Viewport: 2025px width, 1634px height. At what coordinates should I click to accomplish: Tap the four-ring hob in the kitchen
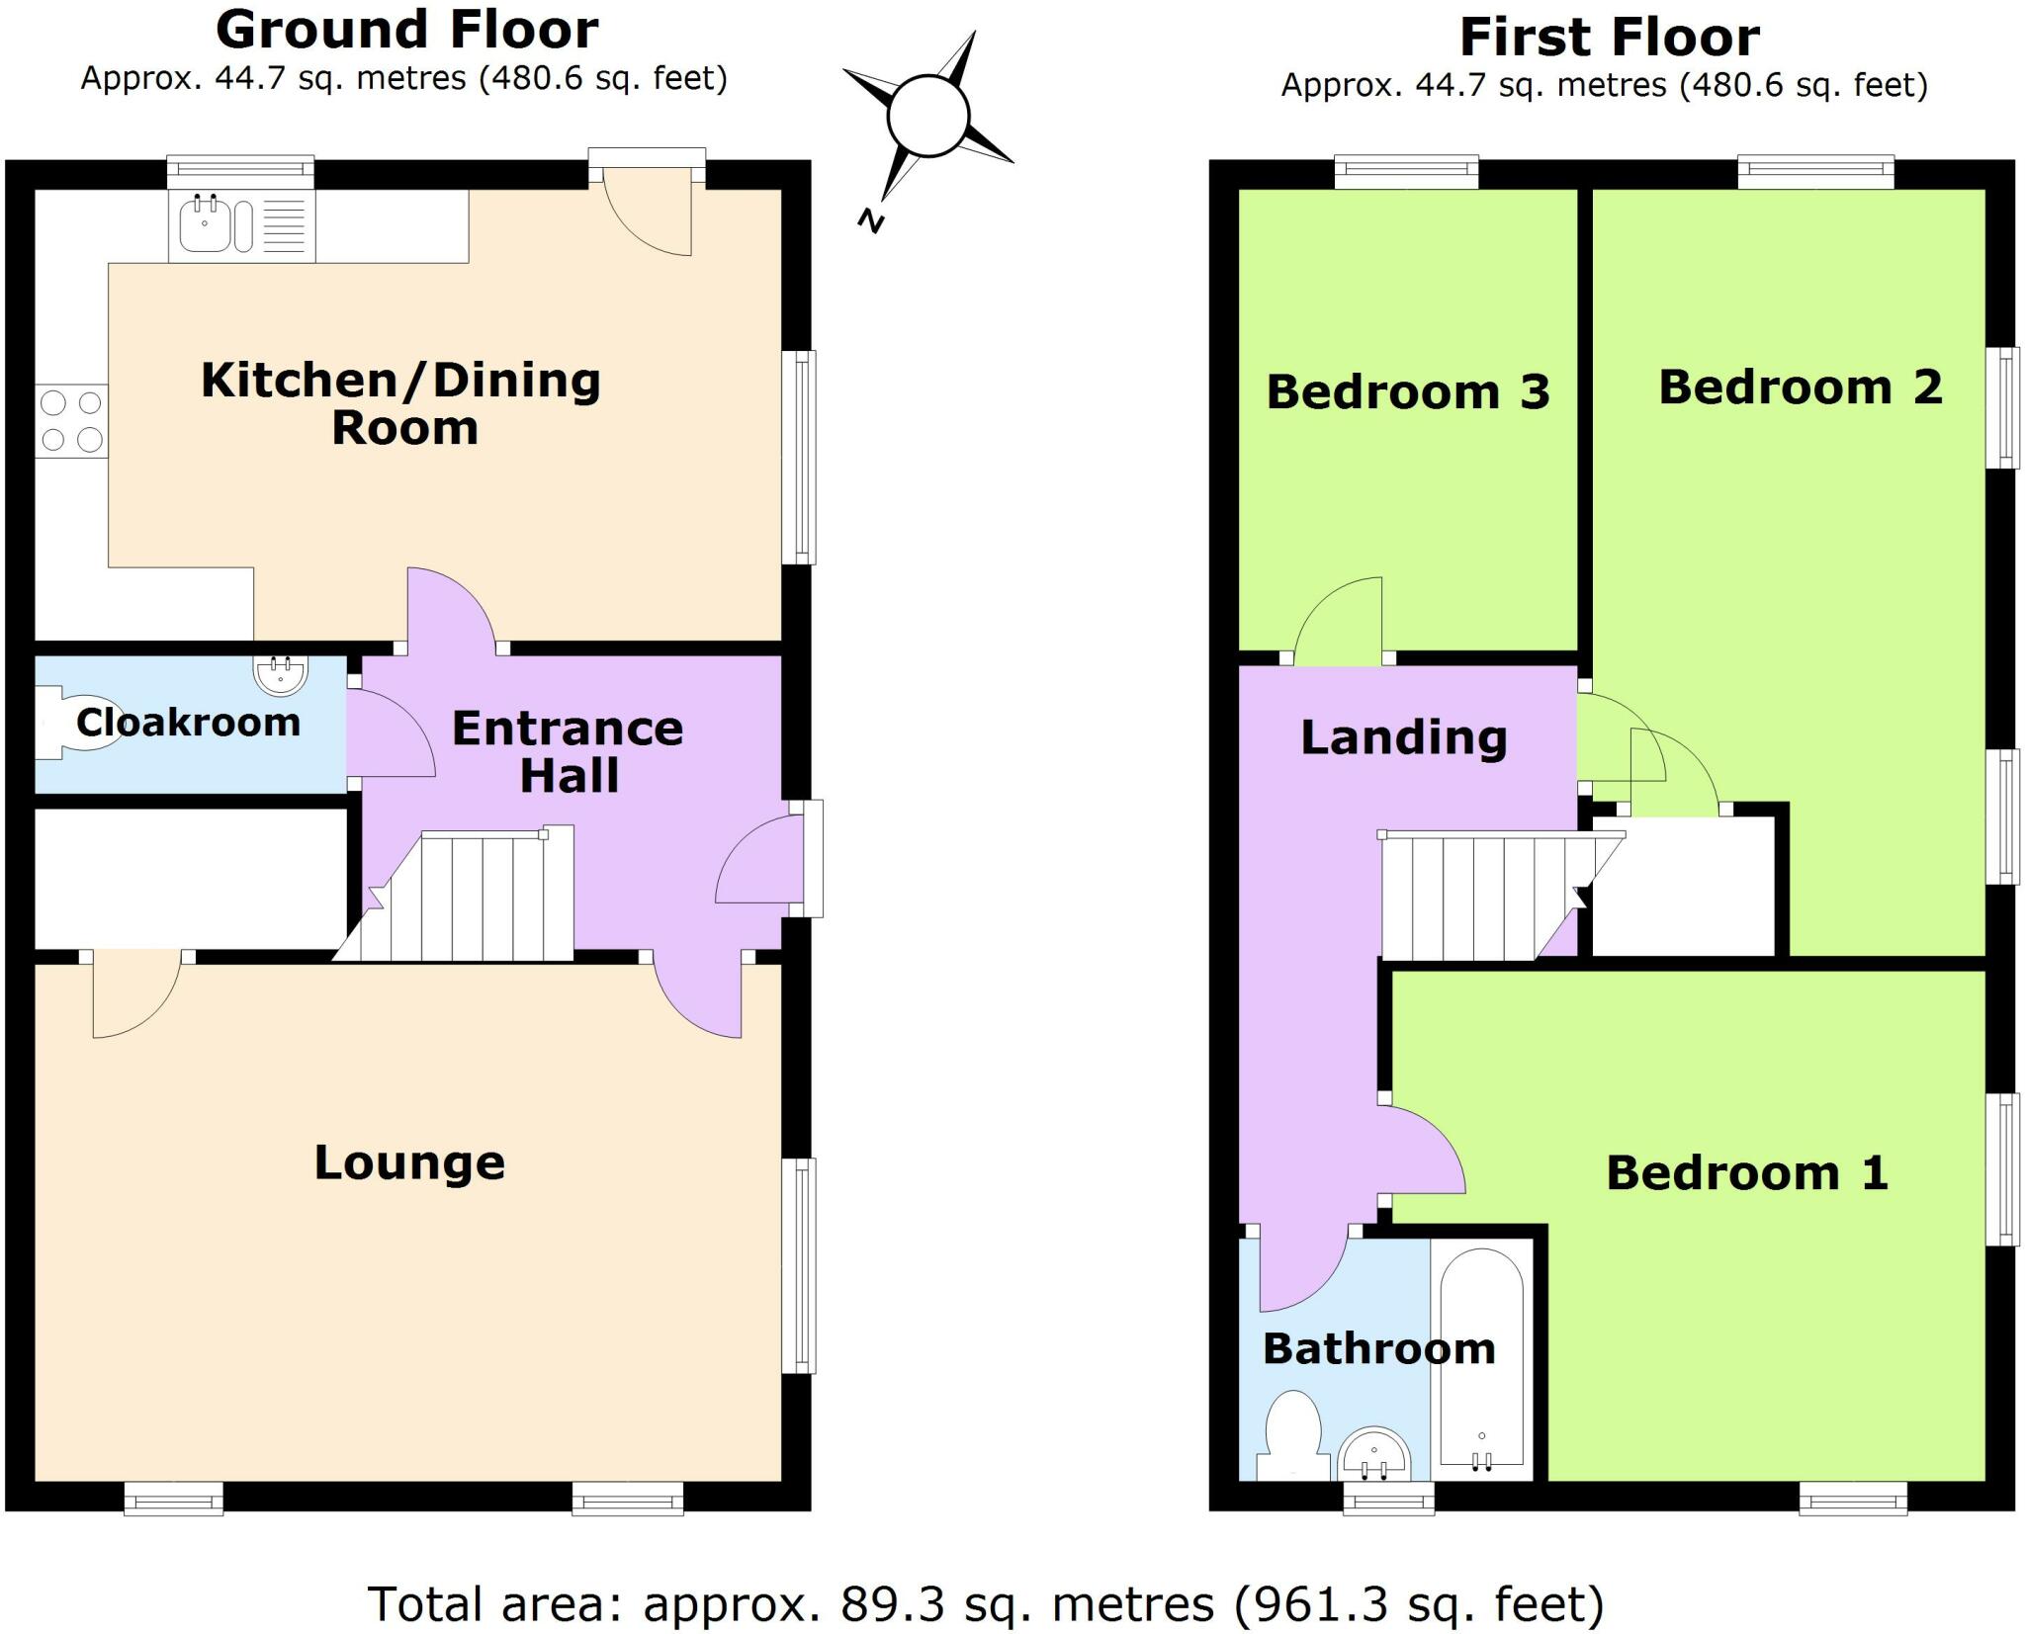coord(71,420)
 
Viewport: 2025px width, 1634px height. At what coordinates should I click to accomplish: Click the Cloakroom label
coord(188,723)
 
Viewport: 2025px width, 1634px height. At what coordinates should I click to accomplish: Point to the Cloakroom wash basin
coord(282,674)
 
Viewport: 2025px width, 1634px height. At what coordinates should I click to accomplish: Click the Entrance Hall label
coord(568,751)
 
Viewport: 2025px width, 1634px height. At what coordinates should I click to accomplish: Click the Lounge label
coord(409,1162)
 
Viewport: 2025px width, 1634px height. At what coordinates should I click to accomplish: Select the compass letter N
coord(870,220)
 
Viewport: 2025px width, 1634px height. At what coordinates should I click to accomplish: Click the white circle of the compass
coord(926,117)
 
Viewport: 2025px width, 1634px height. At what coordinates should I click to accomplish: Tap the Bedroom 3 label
coord(1407,391)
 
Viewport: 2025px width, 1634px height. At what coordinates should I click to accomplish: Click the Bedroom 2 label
coord(1800,387)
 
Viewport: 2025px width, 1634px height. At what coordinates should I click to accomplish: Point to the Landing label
coord(1403,737)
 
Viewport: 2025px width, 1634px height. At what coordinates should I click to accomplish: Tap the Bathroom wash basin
coord(1373,1455)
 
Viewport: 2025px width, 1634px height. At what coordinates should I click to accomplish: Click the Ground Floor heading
coord(406,30)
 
